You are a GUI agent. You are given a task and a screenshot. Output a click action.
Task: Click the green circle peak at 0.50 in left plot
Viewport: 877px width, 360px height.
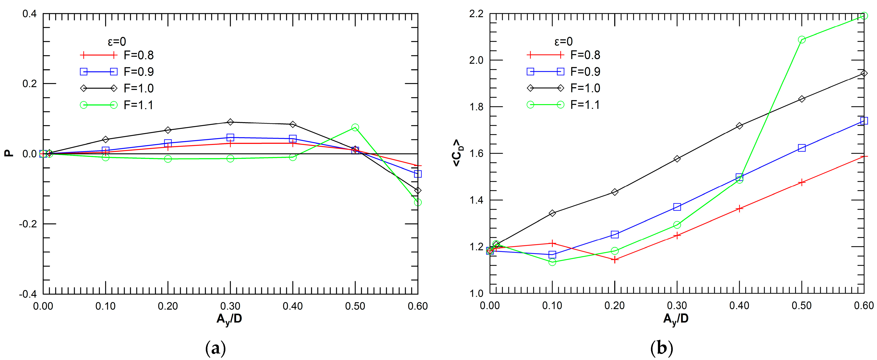click(x=355, y=127)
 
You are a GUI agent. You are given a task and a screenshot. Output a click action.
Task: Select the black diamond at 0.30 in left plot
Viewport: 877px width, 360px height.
click(x=231, y=122)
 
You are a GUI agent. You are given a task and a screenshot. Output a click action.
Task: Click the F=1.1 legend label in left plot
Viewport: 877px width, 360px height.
click(x=139, y=105)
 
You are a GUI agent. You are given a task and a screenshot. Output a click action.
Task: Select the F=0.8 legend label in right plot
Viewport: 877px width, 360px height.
click(x=585, y=55)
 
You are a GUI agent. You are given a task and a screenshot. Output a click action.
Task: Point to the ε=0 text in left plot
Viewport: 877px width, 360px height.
click(x=117, y=42)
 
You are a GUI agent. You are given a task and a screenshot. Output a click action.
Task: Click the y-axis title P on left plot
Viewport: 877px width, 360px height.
click(x=9, y=154)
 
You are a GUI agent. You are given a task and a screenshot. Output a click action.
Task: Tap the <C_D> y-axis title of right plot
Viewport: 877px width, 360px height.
click(x=457, y=153)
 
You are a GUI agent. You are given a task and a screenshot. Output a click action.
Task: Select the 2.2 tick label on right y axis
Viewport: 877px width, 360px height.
click(x=476, y=14)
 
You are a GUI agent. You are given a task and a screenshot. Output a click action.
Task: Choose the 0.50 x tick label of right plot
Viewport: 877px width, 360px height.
click(x=801, y=306)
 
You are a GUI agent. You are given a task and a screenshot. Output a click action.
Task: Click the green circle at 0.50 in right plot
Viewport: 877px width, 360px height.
click(x=802, y=40)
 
